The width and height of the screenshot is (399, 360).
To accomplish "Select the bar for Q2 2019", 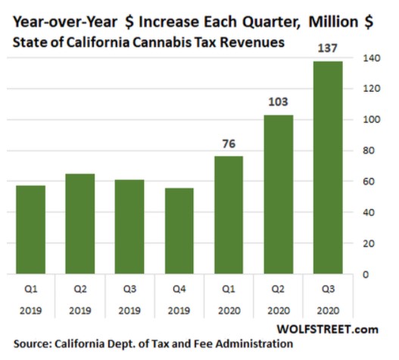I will point(80,224).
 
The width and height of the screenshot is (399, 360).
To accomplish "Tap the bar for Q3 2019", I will point(130,227).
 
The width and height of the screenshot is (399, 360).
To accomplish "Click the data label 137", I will point(327,48).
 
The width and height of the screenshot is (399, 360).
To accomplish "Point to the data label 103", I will point(278,101).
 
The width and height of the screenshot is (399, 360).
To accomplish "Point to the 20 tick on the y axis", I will point(366,243).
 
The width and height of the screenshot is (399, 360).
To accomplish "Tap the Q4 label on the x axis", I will point(179,289).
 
